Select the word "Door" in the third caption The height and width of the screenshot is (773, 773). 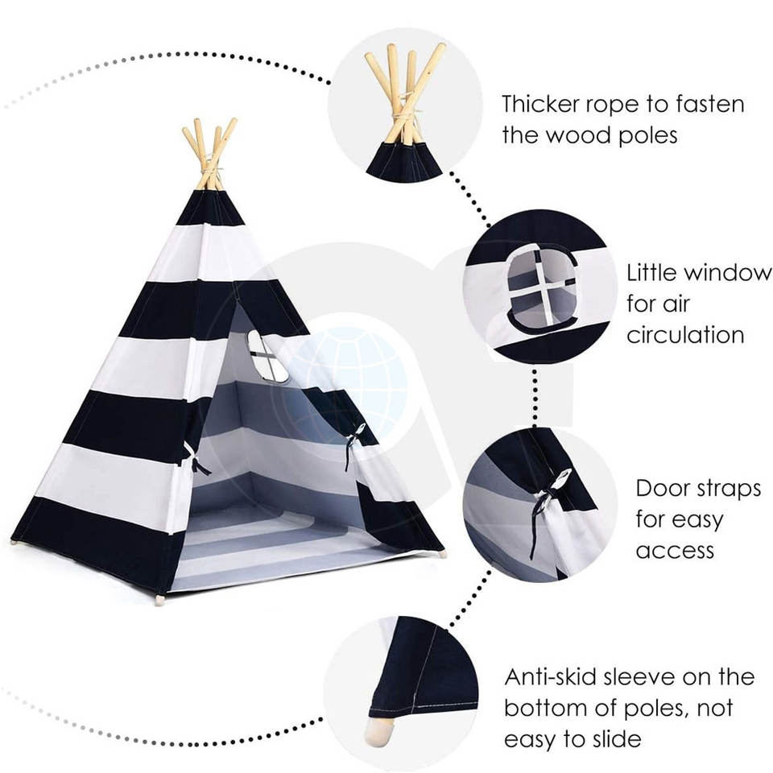(662, 489)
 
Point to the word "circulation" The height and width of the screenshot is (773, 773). (684, 335)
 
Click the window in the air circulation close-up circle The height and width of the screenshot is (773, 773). (542, 288)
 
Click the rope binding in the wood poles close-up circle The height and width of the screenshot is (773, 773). (403, 121)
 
